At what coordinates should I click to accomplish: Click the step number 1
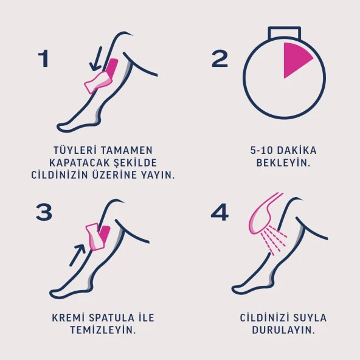(43, 59)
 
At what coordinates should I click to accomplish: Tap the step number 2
(220, 59)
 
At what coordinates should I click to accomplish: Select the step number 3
(44, 212)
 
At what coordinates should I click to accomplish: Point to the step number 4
(220, 212)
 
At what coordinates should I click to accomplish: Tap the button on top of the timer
(285, 33)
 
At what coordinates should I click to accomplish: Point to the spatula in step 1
(99, 81)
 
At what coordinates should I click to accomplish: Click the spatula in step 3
(94, 237)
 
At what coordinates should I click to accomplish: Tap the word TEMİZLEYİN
(103, 331)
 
